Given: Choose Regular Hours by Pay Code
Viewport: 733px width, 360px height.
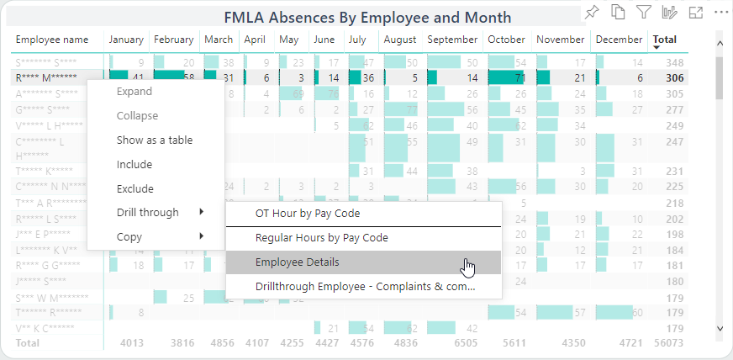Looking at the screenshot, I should [321, 238].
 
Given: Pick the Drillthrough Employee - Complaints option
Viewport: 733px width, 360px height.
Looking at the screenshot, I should [365, 286].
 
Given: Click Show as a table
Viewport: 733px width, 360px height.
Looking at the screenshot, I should [155, 140].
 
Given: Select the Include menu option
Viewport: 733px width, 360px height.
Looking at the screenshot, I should [134, 164].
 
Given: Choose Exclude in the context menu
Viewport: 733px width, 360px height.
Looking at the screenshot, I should [134, 188].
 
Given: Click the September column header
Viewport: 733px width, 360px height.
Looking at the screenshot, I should [452, 40].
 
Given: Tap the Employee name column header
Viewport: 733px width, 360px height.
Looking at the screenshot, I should [52, 40].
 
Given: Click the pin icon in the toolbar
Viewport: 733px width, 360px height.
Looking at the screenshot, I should [592, 12].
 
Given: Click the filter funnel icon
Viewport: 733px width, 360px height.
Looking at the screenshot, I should [643, 12].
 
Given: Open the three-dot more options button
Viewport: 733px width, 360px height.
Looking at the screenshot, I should [720, 12].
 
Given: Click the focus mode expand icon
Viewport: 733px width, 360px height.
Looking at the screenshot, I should [695, 12].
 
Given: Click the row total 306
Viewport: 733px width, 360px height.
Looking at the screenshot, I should [673, 77].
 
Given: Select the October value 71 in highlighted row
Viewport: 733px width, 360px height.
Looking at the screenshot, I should [519, 77].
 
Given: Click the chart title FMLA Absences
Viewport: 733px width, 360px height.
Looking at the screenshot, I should [367, 17].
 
